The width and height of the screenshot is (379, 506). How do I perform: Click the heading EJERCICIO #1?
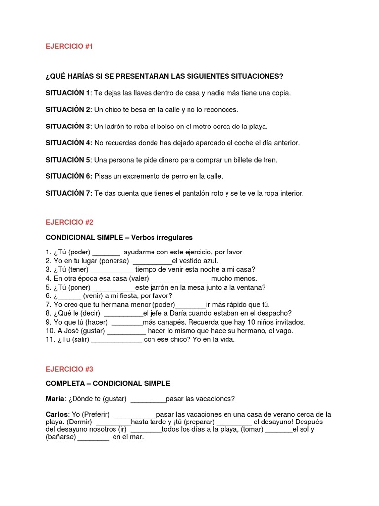tap(69, 46)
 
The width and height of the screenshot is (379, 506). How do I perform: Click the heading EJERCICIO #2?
tap(69, 222)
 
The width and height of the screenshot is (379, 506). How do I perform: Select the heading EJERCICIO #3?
tap(69, 369)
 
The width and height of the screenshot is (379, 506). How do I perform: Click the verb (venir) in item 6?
tap(94, 295)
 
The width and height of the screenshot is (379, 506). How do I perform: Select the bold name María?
tap(55, 399)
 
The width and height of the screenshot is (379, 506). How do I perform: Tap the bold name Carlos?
tap(57, 414)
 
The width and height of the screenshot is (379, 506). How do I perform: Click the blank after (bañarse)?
tap(93, 437)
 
